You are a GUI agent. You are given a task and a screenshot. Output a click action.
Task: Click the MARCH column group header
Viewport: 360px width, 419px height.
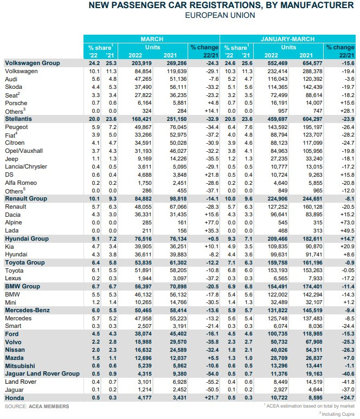click(x=152, y=40)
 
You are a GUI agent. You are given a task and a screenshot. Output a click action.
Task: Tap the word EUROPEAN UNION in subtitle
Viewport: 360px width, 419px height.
click(x=220, y=16)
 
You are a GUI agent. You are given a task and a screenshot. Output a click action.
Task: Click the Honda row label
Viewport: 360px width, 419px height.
click(x=14, y=398)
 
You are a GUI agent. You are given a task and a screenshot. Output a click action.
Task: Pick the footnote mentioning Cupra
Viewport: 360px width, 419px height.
click(x=336, y=412)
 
